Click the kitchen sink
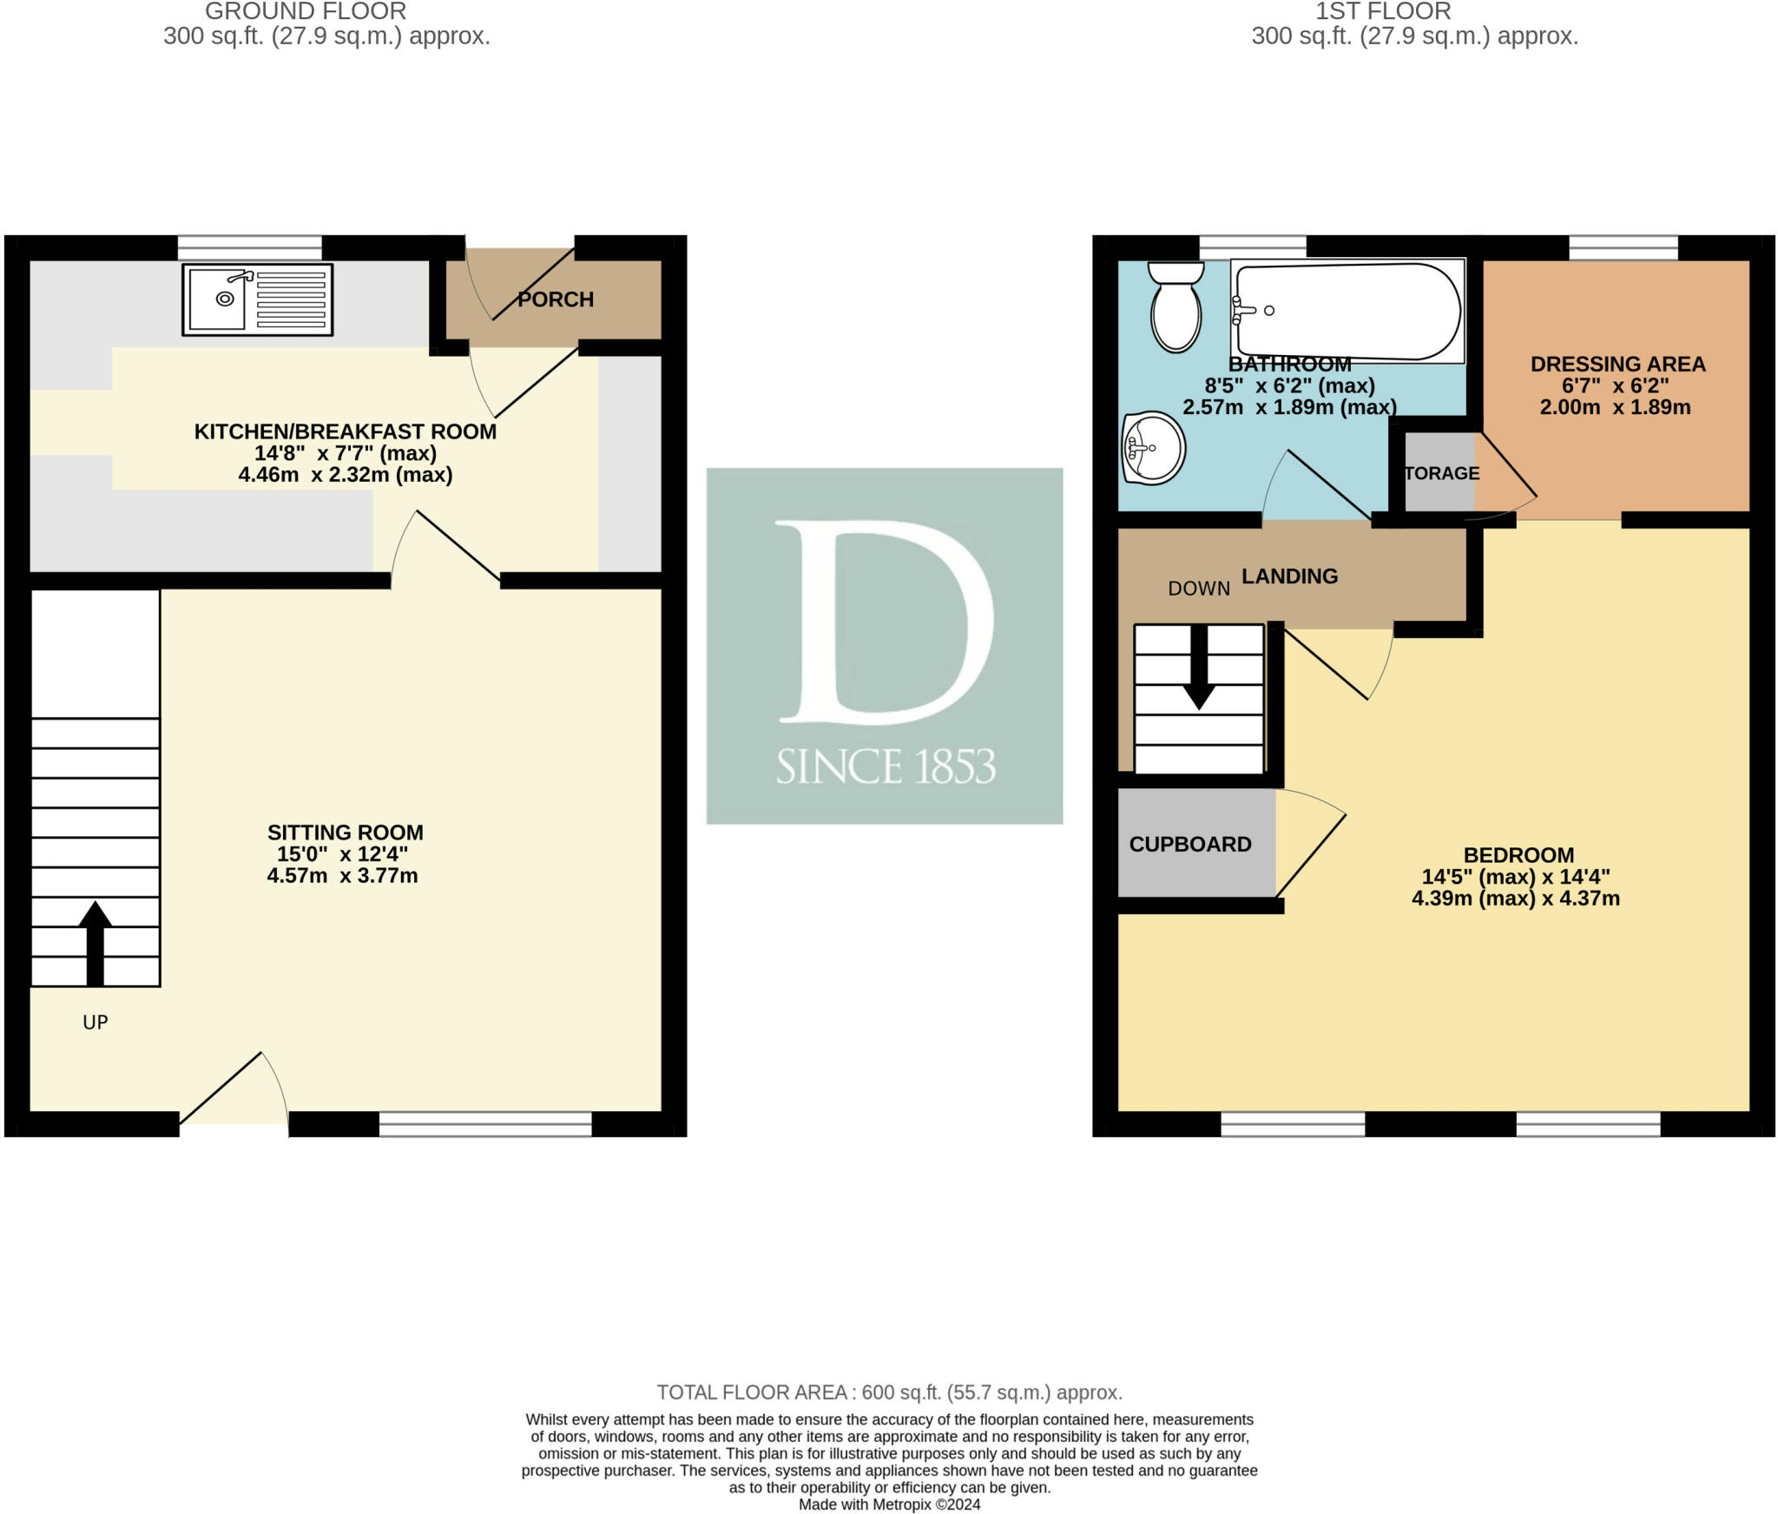[x=257, y=300]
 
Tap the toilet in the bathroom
[x=1176, y=306]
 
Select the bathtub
[x=1348, y=311]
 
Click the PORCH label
[x=556, y=300]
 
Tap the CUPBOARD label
[x=1190, y=844]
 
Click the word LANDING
[x=1289, y=576]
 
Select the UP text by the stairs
[x=95, y=1022]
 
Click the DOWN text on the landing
[x=1199, y=589]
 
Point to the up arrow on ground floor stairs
[x=95, y=944]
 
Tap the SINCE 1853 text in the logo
[x=886, y=767]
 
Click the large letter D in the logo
[x=884, y=622]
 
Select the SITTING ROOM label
[x=346, y=833]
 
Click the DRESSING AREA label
[x=1617, y=365]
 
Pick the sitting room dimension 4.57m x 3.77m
[x=342, y=876]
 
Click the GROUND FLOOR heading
[x=306, y=11]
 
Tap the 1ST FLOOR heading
[x=1384, y=11]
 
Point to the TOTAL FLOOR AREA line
[x=889, y=1392]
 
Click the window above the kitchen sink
[x=250, y=247]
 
